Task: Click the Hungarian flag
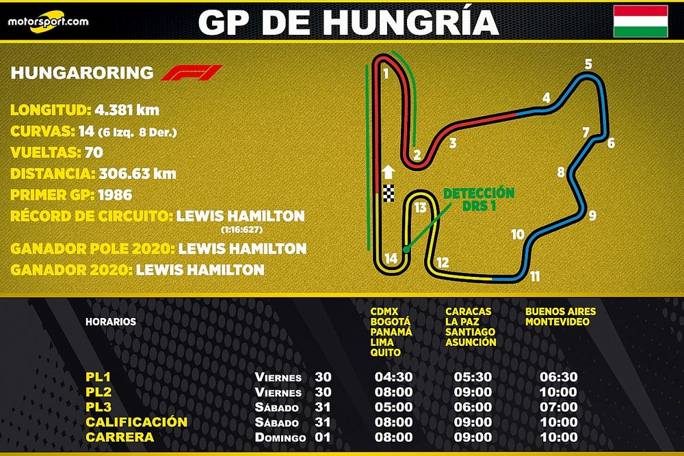pyautogui.click(x=640, y=21)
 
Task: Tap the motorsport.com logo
pyautogui.click(x=49, y=22)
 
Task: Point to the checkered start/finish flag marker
pyautogui.click(x=389, y=193)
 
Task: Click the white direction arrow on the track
pyautogui.click(x=389, y=172)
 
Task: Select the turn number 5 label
pyautogui.click(x=588, y=65)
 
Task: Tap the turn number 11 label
pyautogui.click(x=535, y=277)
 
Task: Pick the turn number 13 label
pyautogui.click(x=420, y=208)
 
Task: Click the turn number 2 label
pyautogui.click(x=417, y=155)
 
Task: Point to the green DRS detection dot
pyautogui.click(x=406, y=250)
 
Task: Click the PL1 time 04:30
pyautogui.click(x=393, y=377)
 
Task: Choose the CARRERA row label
pyautogui.click(x=120, y=437)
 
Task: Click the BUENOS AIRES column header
pyautogui.click(x=560, y=312)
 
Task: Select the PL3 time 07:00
pyautogui.click(x=558, y=407)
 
